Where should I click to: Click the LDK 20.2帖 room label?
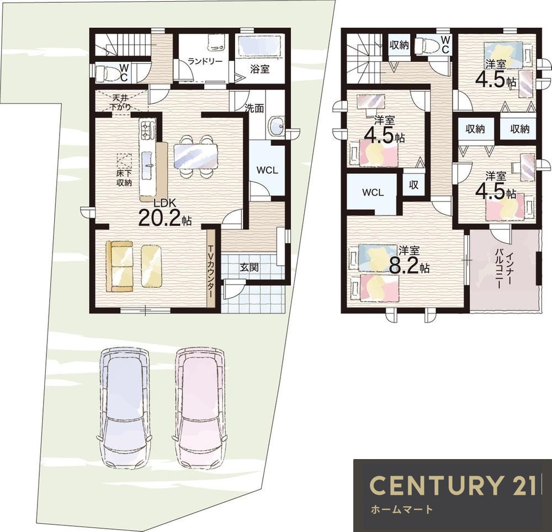(x=164, y=213)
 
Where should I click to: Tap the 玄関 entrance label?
(x=250, y=267)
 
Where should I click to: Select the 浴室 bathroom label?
(x=260, y=69)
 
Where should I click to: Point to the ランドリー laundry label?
(x=205, y=61)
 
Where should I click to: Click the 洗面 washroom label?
(x=254, y=108)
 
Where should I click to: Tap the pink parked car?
(x=200, y=408)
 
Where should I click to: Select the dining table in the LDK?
(x=196, y=157)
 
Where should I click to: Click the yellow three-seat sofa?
(x=119, y=266)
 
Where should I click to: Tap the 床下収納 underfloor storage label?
(x=124, y=178)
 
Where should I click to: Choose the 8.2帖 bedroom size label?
(x=409, y=261)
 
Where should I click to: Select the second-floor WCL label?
(x=373, y=193)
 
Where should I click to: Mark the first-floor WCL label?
(x=267, y=171)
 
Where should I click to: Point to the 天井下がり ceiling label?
(x=121, y=102)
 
